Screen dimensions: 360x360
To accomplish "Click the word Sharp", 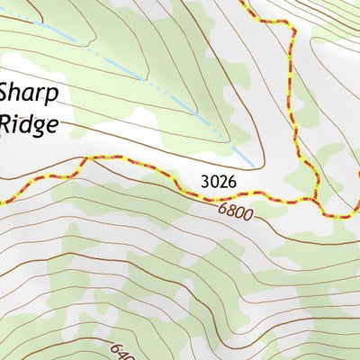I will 30,93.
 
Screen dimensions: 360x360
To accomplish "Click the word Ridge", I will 32,122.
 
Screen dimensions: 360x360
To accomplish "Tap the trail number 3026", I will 219,182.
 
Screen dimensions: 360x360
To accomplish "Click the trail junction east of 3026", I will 316,198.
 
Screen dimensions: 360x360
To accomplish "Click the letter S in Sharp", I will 7,93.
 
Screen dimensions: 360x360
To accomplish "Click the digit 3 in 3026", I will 206,182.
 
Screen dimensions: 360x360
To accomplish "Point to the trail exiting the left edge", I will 2,200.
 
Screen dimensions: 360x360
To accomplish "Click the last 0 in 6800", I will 248,219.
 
